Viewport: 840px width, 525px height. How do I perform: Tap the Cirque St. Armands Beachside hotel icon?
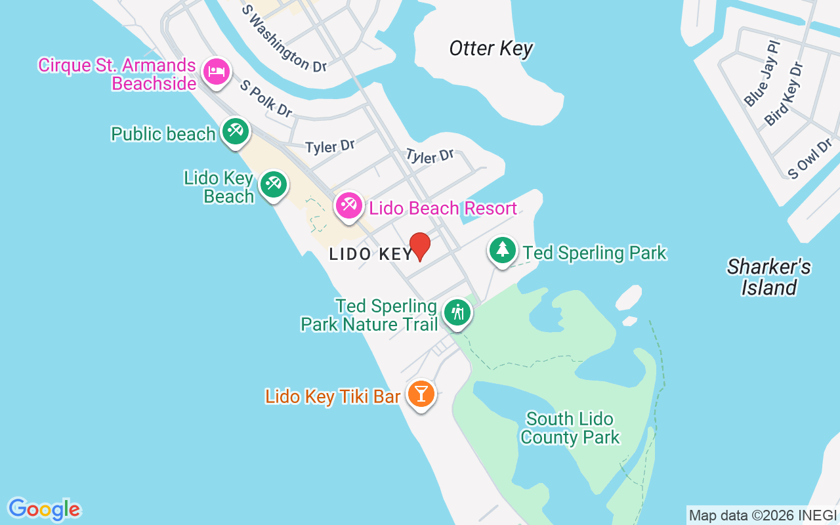(216, 72)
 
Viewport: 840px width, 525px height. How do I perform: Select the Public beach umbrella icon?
(234, 131)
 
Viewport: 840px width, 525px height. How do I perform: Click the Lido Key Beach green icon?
(272, 184)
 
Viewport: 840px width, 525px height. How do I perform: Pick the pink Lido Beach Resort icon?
(348, 207)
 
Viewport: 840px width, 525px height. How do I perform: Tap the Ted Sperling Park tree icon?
(503, 250)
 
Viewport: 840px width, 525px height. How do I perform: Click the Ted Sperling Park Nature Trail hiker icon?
(457, 312)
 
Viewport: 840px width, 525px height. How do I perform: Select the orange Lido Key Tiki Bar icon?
(421, 394)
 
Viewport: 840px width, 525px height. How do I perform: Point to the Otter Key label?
(491, 49)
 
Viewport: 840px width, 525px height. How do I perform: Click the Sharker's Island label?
(768, 277)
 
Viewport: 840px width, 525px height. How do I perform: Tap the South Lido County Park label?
(570, 428)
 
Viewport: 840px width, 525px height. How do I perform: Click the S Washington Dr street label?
(283, 39)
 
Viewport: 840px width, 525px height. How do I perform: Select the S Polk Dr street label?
(266, 99)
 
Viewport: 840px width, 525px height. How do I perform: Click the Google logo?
(44, 509)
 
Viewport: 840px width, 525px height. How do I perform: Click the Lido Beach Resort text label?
(443, 209)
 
